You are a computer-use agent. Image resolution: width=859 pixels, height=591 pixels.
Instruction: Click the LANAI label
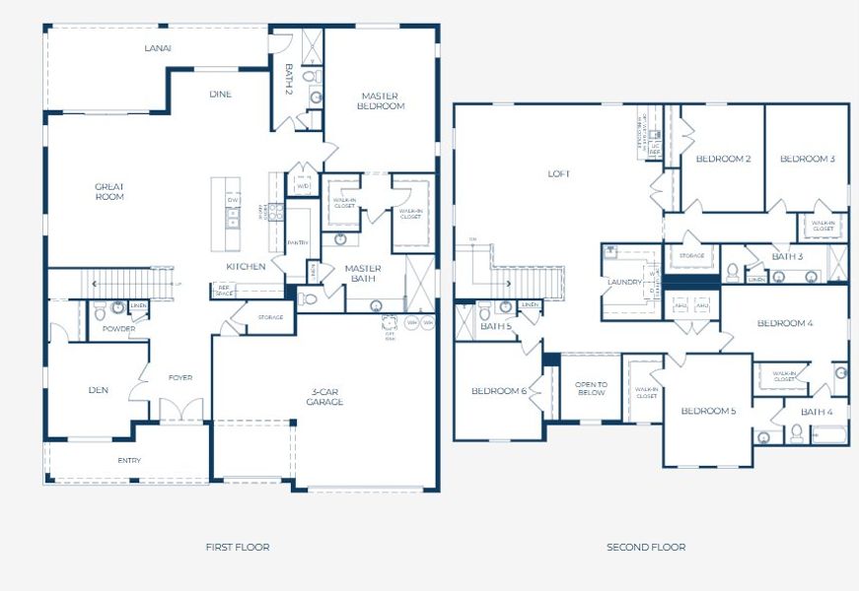pyautogui.click(x=158, y=47)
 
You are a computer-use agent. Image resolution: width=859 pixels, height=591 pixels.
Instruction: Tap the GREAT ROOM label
pyautogui.click(x=109, y=191)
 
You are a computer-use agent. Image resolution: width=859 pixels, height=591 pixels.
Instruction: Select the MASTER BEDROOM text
pyautogui.click(x=381, y=100)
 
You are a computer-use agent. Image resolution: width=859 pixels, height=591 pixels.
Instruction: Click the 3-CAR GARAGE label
pyautogui.click(x=323, y=396)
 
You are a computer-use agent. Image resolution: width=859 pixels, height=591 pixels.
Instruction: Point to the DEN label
pyautogui.click(x=98, y=390)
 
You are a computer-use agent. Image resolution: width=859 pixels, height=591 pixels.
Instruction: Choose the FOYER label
pyautogui.click(x=180, y=377)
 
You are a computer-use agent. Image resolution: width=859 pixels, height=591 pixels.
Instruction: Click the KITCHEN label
pyautogui.click(x=246, y=267)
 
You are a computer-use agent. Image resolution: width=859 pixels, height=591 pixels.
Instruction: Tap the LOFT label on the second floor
pyautogui.click(x=559, y=174)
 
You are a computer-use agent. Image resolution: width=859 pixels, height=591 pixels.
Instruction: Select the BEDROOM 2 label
pyautogui.click(x=723, y=159)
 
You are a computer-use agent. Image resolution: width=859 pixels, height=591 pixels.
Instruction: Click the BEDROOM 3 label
pyautogui.click(x=807, y=159)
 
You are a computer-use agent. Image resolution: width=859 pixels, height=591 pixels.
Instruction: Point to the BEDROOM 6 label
pyautogui.click(x=498, y=391)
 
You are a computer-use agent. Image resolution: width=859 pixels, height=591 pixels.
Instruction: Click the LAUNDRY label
pyautogui.click(x=625, y=282)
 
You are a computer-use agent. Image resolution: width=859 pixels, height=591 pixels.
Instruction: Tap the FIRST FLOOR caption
pyautogui.click(x=237, y=547)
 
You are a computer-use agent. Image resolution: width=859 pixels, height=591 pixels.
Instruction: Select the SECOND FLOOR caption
pyautogui.click(x=646, y=547)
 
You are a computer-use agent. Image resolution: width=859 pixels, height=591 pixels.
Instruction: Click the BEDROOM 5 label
pyautogui.click(x=708, y=411)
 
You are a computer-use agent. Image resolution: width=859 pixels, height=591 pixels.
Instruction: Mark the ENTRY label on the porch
pyautogui.click(x=129, y=460)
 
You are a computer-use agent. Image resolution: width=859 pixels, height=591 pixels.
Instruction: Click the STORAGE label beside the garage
pyautogui.click(x=270, y=317)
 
